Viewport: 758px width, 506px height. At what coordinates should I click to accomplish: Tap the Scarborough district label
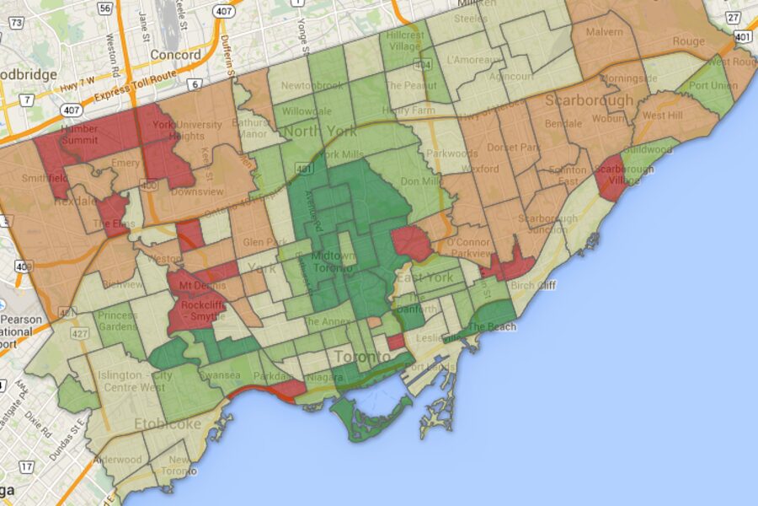[589, 100]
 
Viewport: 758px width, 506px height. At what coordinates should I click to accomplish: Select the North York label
[320, 132]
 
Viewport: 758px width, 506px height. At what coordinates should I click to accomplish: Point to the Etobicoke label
[168, 423]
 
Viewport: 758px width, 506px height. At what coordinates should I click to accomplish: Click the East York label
[424, 277]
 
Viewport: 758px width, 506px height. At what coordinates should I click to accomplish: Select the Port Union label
[712, 85]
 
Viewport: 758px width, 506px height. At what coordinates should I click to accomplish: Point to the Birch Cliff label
[534, 285]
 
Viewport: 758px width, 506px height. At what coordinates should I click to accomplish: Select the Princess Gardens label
[117, 321]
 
